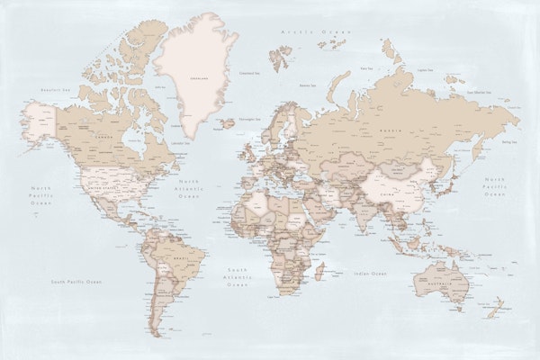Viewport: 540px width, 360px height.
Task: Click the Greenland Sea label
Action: (x=248, y=74)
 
